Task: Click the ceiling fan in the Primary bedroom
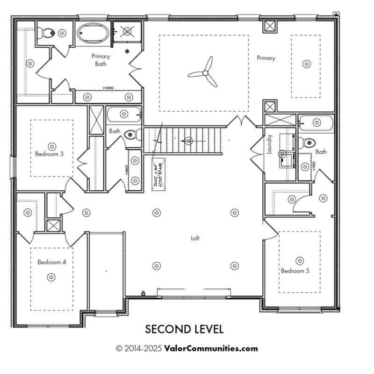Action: tap(203, 73)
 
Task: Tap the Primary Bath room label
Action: tap(101, 59)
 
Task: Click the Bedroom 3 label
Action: tap(49, 153)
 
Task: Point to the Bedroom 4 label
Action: tap(51, 262)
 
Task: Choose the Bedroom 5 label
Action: tap(295, 271)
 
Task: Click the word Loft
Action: tap(195, 238)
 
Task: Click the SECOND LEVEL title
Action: tap(184, 329)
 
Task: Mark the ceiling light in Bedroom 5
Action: tap(299, 260)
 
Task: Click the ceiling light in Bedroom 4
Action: tap(51, 277)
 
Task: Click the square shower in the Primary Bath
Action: tap(126, 31)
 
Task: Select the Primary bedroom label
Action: tap(266, 58)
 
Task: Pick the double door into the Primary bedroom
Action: tap(242, 121)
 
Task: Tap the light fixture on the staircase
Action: tap(189, 140)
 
